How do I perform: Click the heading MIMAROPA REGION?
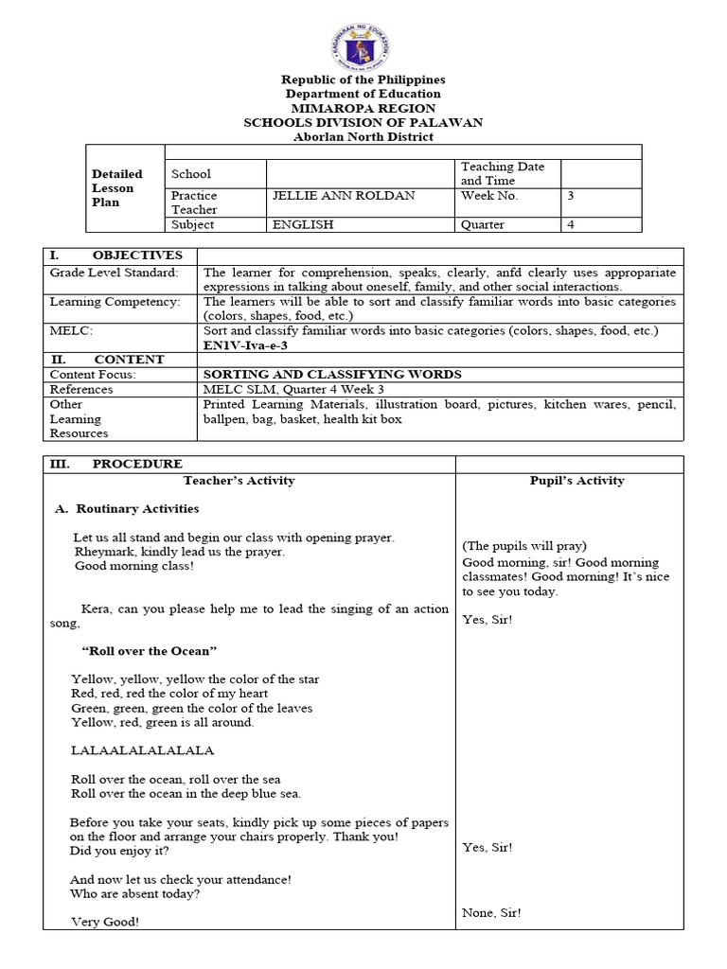(x=363, y=108)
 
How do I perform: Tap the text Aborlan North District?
(x=363, y=137)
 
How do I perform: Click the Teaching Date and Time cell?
(x=503, y=173)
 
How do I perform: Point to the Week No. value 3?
(x=570, y=195)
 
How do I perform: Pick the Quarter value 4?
(x=570, y=224)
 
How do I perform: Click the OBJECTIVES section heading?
(x=138, y=255)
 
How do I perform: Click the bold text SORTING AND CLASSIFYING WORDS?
(x=332, y=374)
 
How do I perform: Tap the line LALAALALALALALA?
(x=143, y=750)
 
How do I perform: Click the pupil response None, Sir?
(x=491, y=912)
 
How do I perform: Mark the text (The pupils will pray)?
(x=524, y=546)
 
